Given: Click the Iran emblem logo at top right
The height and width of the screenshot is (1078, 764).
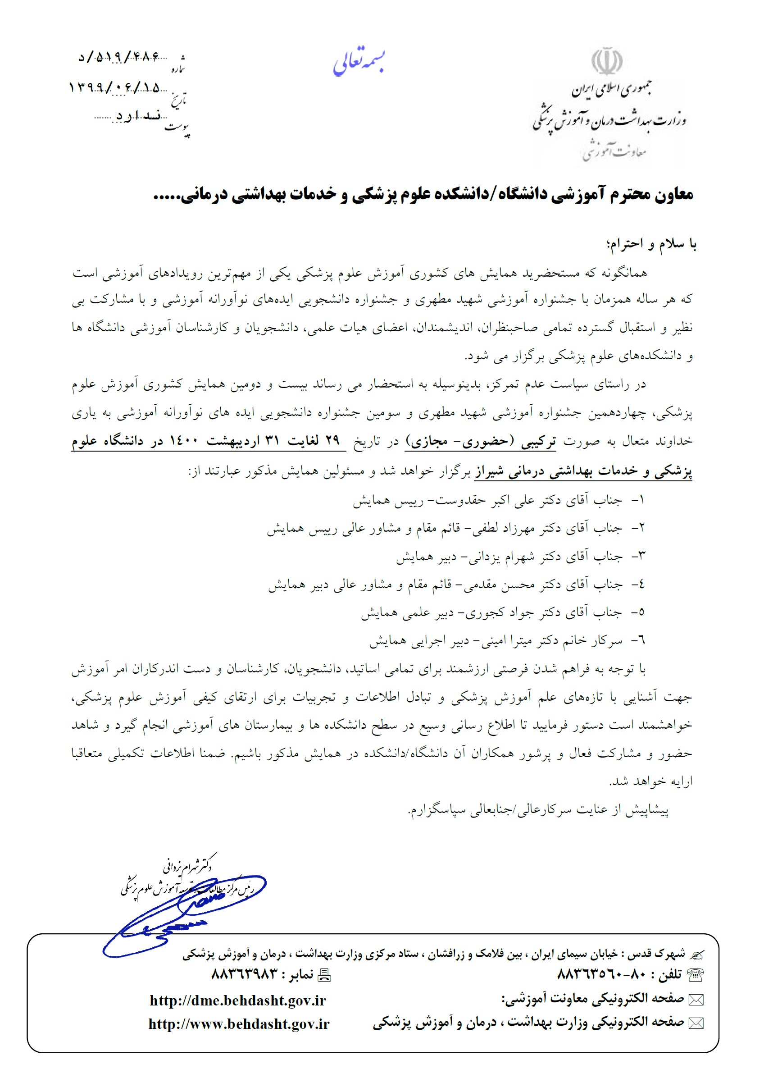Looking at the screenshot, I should tap(607, 61).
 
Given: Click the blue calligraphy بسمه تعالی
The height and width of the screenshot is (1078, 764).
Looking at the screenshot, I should tap(359, 63).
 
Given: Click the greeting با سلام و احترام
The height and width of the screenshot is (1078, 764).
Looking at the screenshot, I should tap(652, 244).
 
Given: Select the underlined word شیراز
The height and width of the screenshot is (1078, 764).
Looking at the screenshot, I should tap(489, 470).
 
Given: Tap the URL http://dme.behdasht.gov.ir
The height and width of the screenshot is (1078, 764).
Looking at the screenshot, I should tap(237, 1000).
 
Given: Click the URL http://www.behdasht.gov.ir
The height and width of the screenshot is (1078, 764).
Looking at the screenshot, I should tap(239, 1023).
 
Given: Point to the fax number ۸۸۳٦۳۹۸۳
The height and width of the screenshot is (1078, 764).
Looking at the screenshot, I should tap(245, 973).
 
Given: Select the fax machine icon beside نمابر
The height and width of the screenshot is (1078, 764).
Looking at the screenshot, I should tap(324, 974).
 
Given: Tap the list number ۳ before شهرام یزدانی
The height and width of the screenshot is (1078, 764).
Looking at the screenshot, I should tap(641, 556).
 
